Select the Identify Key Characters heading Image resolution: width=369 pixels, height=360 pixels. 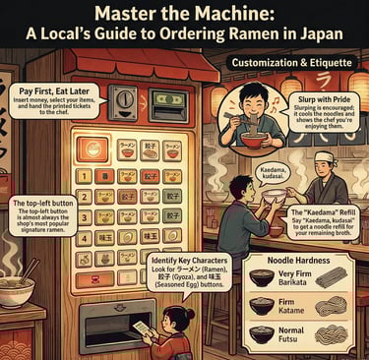pyautogui.click(x=190, y=259)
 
